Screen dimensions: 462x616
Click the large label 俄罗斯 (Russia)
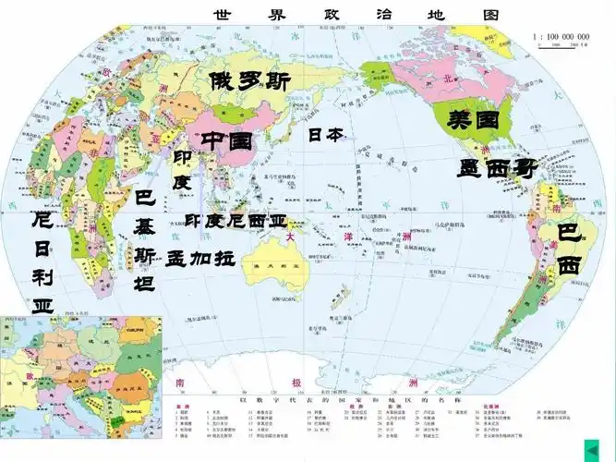[249, 81]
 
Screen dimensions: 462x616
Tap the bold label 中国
[227, 141]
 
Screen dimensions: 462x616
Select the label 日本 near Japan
[325, 135]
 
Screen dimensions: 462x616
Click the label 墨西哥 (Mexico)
[498, 168]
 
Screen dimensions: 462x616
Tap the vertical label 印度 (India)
[182, 170]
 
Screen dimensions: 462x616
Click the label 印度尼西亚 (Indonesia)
[236, 221]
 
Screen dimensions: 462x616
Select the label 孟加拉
[200, 258]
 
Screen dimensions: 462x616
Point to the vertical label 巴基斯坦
[145, 240]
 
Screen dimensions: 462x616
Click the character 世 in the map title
[223, 15]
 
